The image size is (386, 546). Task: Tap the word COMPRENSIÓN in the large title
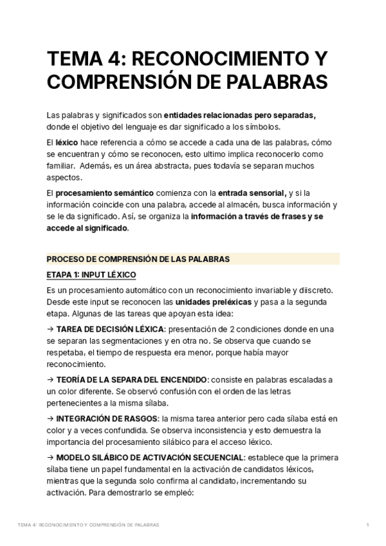coord(119,83)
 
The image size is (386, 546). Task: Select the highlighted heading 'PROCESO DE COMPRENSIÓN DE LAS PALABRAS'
coord(138,259)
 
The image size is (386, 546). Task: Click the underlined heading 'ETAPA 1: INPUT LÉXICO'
coord(91,275)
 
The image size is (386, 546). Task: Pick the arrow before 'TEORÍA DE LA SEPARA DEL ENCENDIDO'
coord(51,380)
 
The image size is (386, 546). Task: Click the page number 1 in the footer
coord(367,525)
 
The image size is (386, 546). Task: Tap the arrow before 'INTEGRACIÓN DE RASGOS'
coord(51,419)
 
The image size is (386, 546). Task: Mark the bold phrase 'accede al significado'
coord(87,229)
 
